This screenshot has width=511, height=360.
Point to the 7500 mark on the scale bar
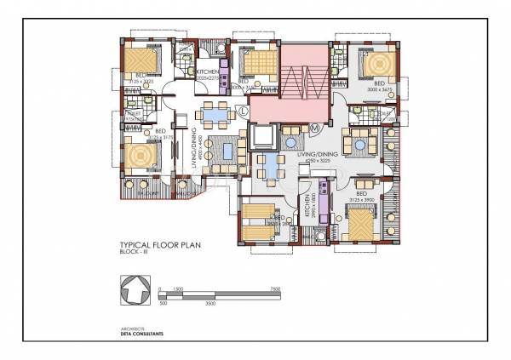point(274,289)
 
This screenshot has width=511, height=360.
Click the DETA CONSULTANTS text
point(141,334)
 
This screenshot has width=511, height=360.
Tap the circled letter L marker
point(244,111)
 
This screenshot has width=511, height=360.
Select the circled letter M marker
point(314,128)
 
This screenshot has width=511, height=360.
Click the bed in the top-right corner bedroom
point(374,64)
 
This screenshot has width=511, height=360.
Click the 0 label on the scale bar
point(159,289)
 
